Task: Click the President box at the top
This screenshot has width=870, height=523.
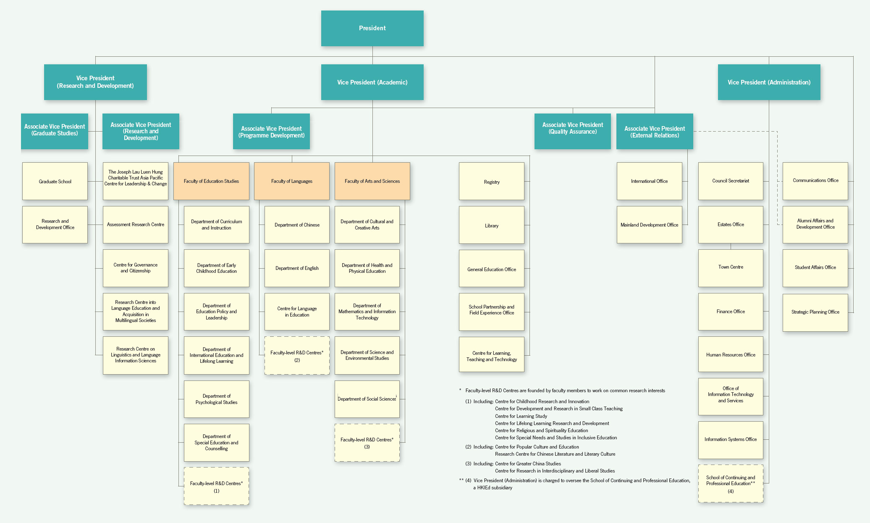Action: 372,28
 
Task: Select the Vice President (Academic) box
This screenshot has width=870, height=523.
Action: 372,82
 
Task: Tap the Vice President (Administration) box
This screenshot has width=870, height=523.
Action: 769,82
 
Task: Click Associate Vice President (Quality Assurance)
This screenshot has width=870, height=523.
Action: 572,131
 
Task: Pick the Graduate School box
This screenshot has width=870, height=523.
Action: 55,181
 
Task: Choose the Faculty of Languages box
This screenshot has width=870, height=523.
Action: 292,181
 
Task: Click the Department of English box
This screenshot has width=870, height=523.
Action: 297,268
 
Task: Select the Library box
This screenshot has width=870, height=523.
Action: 492,225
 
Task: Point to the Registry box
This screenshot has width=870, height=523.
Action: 492,181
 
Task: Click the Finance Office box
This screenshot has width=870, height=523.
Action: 731,312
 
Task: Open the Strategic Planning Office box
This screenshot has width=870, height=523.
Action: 815,312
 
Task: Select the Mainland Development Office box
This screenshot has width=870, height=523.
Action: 649,225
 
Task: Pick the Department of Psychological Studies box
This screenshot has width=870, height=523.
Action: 216,399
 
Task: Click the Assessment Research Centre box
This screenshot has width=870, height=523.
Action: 136,225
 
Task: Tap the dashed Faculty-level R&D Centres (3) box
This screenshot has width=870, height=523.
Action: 367,443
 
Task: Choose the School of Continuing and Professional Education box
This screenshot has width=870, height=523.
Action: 731,483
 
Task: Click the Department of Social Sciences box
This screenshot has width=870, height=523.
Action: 367,399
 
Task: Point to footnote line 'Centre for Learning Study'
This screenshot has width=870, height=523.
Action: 521,416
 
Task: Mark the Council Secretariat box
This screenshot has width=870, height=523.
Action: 731,181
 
